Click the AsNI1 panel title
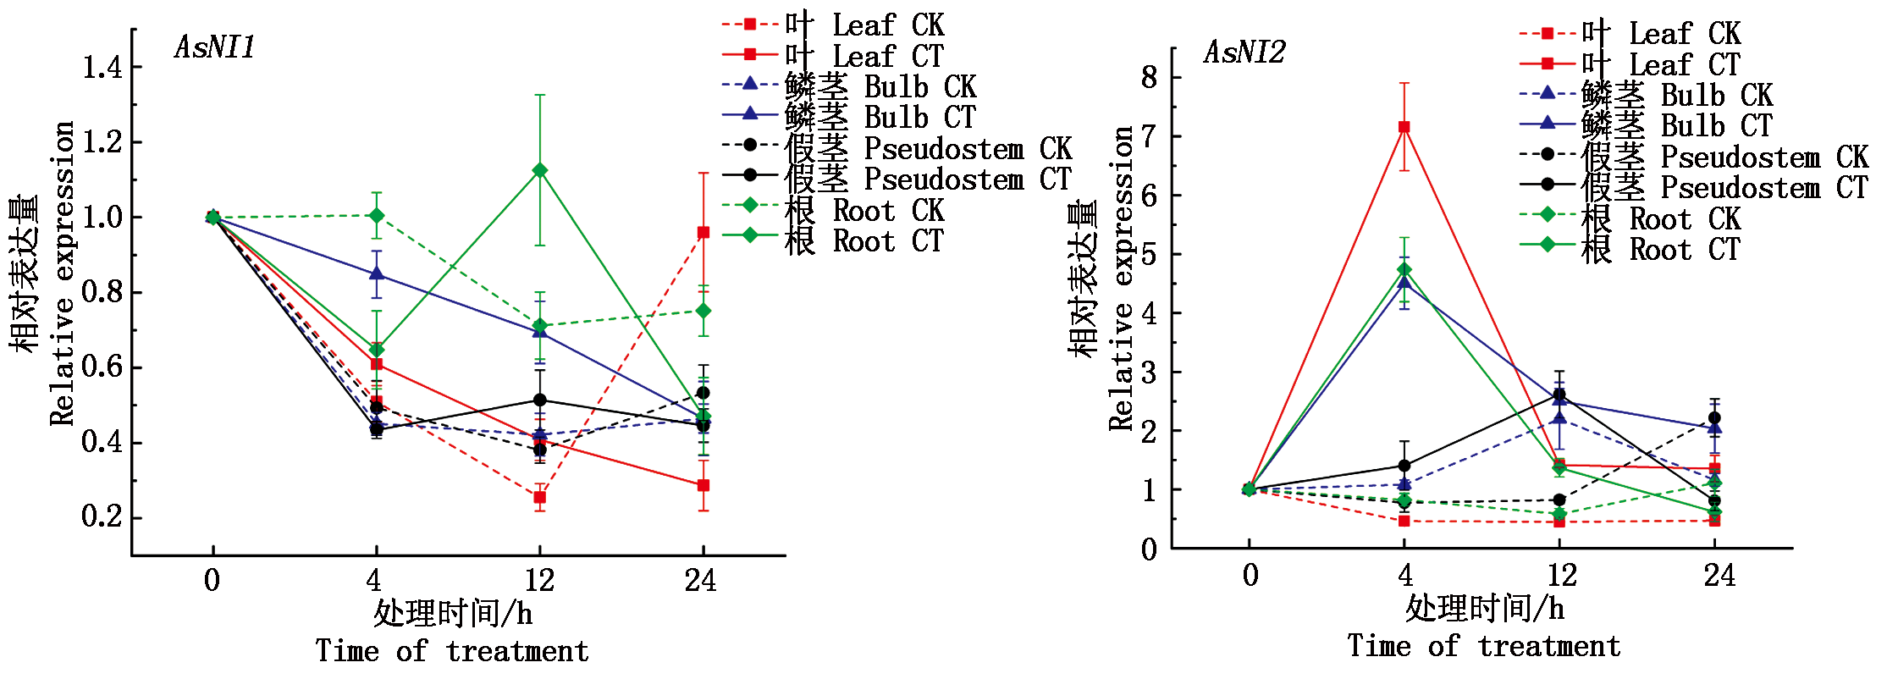[x=215, y=47]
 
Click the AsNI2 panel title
[x=1244, y=52]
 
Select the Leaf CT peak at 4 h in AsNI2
[x=1404, y=127]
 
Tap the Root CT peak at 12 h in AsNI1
[x=539, y=171]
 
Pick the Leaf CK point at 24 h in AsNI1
[x=703, y=232]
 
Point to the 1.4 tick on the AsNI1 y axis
[x=102, y=67]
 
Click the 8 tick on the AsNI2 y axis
[x=1149, y=77]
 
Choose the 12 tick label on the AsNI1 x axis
[x=539, y=581]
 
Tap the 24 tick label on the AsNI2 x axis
[x=1719, y=576]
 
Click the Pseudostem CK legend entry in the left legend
[x=897, y=149]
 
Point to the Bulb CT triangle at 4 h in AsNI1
[x=377, y=273]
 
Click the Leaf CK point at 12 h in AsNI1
[x=539, y=497]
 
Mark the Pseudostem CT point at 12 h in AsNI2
[x=1559, y=395]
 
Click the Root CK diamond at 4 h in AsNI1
[x=377, y=216]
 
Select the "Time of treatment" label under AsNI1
[x=452, y=651]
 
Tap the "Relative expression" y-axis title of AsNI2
[x=1121, y=279]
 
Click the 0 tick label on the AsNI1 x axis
[x=212, y=581]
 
